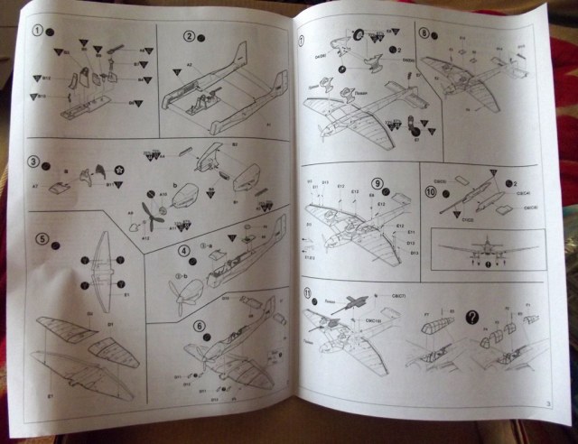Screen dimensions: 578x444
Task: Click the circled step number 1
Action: point(38,31)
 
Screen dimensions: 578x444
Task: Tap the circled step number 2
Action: point(191,36)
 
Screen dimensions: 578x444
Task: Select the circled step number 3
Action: point(33,163)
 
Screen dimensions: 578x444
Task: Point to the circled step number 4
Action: point(183,250)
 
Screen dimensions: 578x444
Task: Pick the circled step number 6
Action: point(200,327)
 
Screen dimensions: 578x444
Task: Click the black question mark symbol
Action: point(471,315)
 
